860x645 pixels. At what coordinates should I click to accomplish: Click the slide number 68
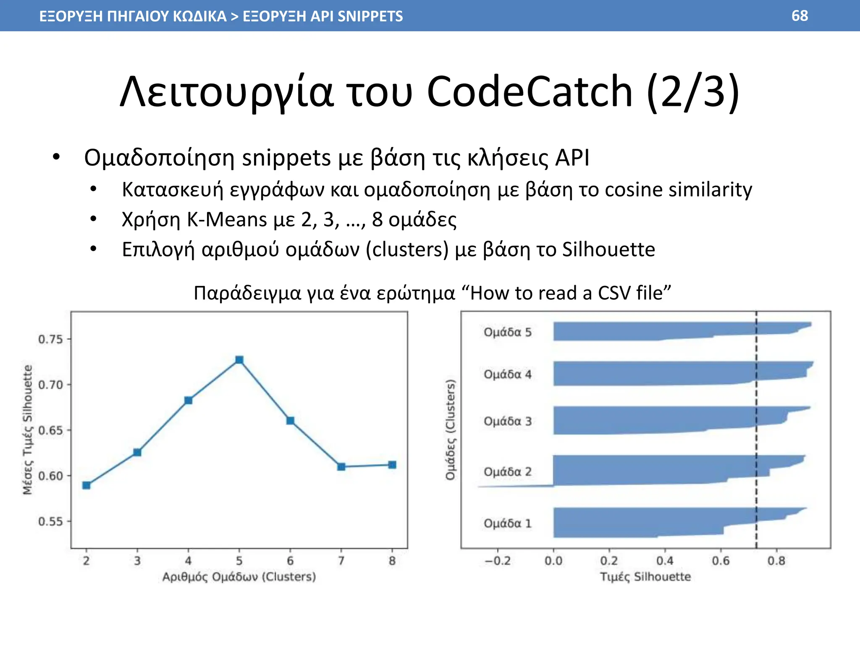[x=800, y=16]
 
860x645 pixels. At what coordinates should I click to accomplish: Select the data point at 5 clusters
[x=239, y=360]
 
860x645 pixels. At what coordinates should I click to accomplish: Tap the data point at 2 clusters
[x=87, y=485]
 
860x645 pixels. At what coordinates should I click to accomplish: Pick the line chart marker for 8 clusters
[x=392, y=465]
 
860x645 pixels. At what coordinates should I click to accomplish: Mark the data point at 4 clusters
[x=189, y=401]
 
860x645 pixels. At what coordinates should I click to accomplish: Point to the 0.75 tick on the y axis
[x=50, y=339]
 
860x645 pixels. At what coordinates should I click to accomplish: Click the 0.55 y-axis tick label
[x=50, y=522]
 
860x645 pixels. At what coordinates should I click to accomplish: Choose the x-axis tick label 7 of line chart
[x=341, y=561]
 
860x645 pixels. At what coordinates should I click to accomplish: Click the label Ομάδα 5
[x=508, y=332]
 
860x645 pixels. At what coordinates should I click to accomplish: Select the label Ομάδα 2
[x=508, y=472]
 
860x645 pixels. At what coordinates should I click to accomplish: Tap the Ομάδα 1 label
[x=508, y=523]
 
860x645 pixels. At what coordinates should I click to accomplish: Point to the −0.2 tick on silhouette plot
[x=498, y=561]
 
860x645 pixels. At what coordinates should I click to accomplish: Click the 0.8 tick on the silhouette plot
[x=776, y=561]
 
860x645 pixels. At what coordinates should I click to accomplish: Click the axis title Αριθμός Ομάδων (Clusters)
[x=239, y=577]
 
